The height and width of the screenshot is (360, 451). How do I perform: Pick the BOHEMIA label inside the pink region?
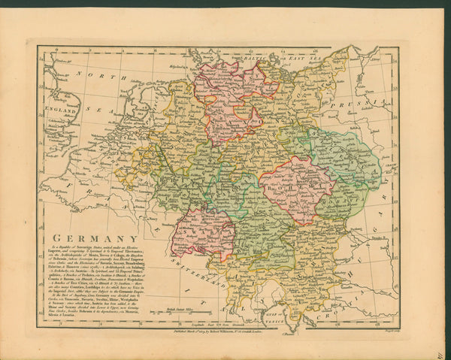click(x=295, y=189)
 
